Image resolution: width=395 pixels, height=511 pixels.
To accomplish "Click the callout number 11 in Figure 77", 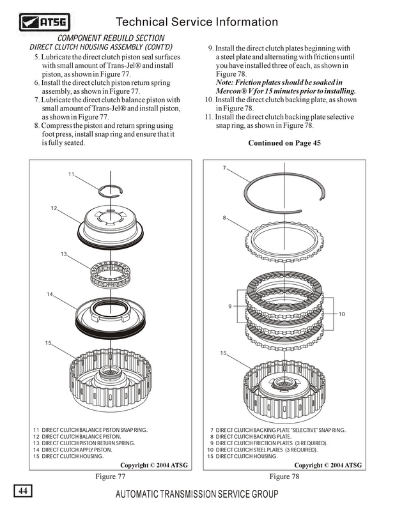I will click(72, 174).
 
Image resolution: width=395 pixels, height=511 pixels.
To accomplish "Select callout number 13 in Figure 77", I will click(65, 254).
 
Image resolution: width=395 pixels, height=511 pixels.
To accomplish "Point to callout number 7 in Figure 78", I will click(224, 168).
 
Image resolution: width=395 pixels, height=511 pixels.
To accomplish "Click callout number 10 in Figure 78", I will click(342, 314).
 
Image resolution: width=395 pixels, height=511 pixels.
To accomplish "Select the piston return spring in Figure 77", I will click(112, 274).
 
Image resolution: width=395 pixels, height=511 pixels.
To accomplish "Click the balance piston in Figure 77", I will click(111, 226).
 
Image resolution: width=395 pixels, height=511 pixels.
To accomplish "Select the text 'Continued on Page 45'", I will click(284, 142).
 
